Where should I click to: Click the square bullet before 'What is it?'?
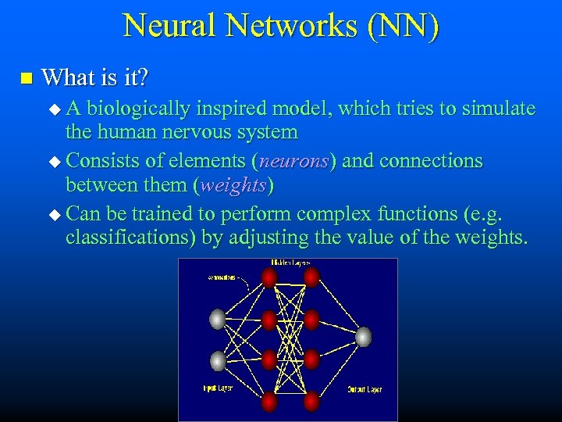coord(27,78)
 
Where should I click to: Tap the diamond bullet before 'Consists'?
coord(54,162)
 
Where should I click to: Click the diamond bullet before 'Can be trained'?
coord(54,213)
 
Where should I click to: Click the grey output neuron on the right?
coord(363,337)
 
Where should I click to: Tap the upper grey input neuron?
coord(218,319)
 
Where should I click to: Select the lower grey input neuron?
coord(218,360)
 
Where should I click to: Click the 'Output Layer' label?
coord(365,389)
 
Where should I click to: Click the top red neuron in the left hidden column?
coord(270,277)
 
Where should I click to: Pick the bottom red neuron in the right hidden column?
coord(311,402)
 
